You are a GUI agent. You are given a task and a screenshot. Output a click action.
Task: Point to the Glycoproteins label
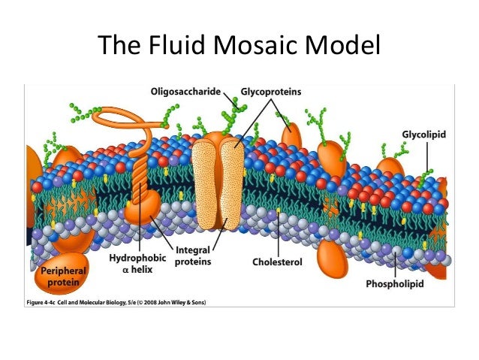pyautogui.click(x=271, y=92)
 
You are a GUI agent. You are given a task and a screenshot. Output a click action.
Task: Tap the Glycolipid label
pyautogui.click(x=424, y=135)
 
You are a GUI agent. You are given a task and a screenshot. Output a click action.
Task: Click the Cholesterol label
pyautogui.click(x=277, y=263)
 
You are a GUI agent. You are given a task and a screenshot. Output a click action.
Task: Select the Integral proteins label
pyautogui.click(x=192, y=257)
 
